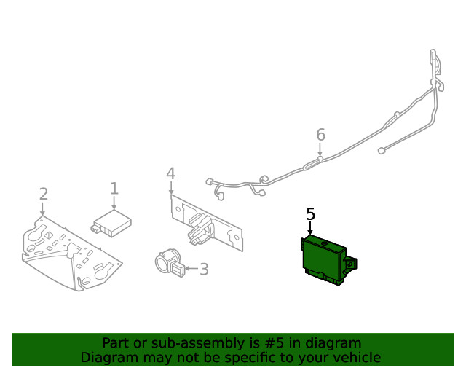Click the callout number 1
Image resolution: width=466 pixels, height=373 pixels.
click(x=114, y=189)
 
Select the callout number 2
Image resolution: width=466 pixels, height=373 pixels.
click(x=43, y=193)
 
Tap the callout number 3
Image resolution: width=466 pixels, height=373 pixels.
click(x=204, y=270)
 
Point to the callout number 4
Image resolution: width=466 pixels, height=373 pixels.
click(x=170, y=173)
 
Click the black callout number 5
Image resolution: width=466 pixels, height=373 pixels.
click(x=311, y=214)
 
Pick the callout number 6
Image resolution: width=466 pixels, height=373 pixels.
click(x=320, y=135)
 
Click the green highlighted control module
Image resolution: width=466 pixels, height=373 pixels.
click(x=323, y=259)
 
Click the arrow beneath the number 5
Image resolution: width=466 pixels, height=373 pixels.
click(x=311, y=229)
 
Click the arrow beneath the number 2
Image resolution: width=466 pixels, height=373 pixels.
click(x=43, y=208)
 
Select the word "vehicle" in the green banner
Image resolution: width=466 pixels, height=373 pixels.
click(x=357, y=358)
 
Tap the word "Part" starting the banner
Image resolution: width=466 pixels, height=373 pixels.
click(x=115, y=343)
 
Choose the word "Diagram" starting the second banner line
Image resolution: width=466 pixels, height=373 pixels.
click(x=108, y=358)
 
